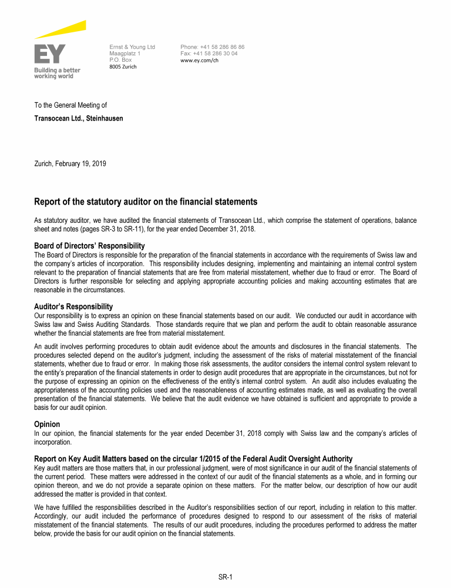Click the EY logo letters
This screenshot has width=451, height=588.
coord(50,54)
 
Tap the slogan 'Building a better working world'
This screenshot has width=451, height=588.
coord(56,73)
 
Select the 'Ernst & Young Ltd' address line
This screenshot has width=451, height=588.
coord(132,47)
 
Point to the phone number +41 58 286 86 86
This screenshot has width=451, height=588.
coord(213,47)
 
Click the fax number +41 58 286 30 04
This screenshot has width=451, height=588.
coord(209,54)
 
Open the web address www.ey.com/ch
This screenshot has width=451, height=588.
coord(203,60)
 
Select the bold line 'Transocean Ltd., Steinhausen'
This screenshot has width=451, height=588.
coord(79,118)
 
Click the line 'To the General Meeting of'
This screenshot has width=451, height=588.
coord(70,105)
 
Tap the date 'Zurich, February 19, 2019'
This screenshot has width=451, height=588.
coord(70,163)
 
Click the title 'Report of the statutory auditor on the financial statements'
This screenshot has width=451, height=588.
coord(146,202)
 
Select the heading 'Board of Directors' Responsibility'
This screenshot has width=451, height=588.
coord(89,246)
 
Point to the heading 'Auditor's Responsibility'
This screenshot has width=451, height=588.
coord(73,306)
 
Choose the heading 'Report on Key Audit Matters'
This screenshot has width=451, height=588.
coord(193,459)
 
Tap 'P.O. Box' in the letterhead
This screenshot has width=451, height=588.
coord(120,60)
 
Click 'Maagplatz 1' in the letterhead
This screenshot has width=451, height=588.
coord(125,54)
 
